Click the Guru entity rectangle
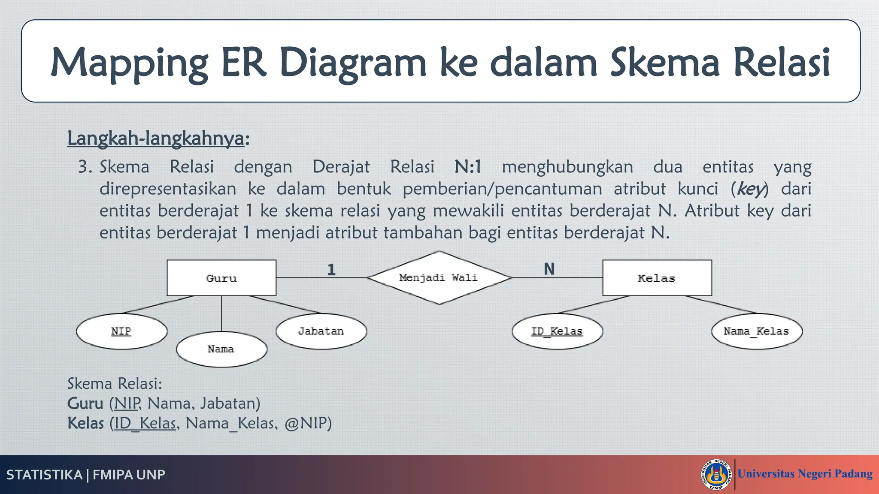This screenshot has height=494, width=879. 221,278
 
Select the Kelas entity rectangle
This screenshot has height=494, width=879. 657,278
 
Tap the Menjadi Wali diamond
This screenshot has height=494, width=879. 439,278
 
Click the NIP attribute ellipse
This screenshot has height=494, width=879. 121,331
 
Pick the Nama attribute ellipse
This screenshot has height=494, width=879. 221,349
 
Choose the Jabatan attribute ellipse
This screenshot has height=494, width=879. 321,331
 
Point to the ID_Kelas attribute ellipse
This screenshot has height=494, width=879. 557,331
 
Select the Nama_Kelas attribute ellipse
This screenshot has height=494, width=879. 757,331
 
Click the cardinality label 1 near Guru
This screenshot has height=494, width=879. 331,270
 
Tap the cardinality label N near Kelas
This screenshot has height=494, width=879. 549,269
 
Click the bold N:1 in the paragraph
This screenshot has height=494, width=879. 468,167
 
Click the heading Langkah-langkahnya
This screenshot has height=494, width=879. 155,139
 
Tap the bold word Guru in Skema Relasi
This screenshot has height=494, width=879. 85,404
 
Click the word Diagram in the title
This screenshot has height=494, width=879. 353,63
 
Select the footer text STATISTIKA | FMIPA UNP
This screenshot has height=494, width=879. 86,475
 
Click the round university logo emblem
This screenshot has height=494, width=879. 716,474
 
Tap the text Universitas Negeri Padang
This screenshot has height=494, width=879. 805,474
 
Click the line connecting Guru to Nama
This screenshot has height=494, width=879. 221,313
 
